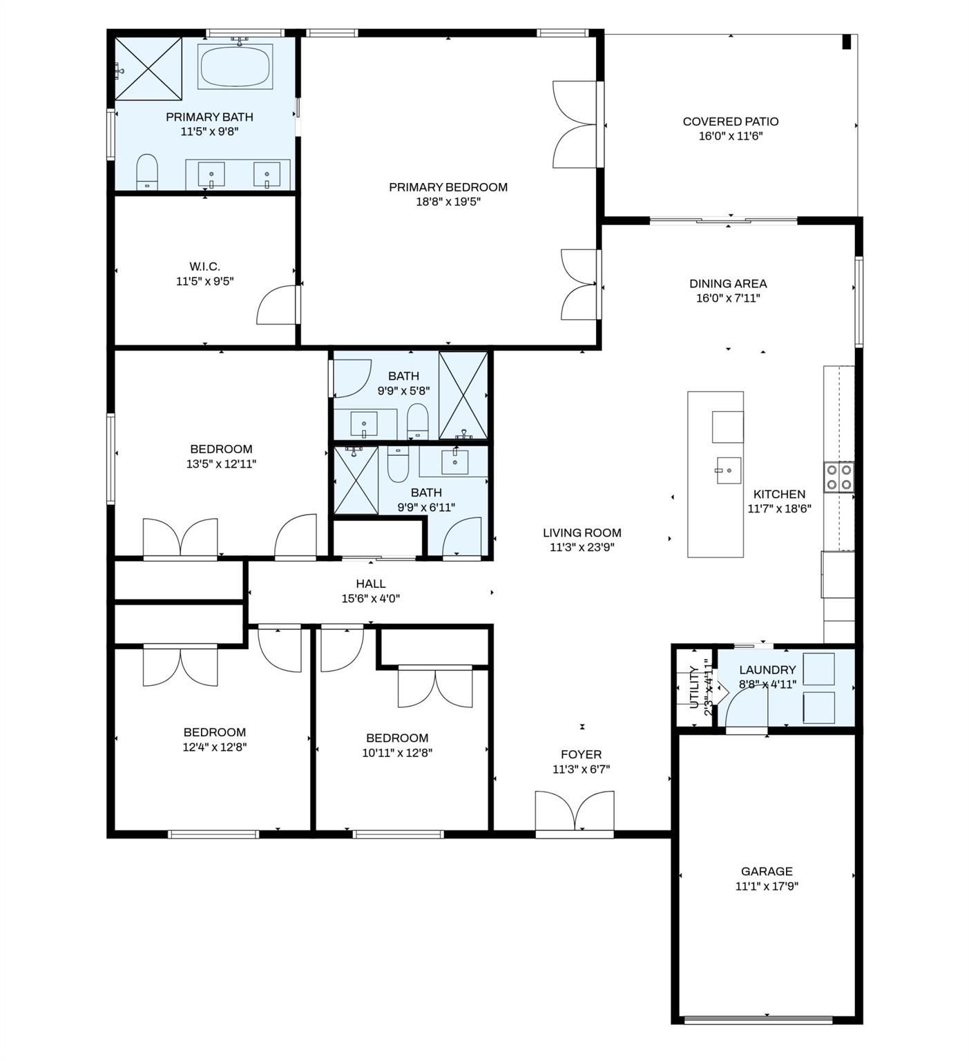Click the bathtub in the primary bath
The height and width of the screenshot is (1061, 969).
pos(236,66)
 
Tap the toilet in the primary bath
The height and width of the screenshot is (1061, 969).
pos(147,171)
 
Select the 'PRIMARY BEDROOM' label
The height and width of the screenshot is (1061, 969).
pos(448,187)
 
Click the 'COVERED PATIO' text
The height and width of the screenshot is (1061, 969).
pos(730,122)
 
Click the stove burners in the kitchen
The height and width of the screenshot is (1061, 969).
pos(838,477)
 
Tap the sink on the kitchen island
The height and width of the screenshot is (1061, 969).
pos(728,470)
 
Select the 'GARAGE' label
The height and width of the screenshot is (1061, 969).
pos(766,871)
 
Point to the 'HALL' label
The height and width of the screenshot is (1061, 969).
pos(371,584)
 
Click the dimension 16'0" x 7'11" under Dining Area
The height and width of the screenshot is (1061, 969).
pos(728,298)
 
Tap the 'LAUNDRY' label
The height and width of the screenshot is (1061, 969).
pos(767,669)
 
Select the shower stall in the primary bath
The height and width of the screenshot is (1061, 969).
pos(148,69)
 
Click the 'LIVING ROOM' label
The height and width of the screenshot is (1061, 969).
pos(582,533)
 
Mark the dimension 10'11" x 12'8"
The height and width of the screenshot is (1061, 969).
pos(397,753)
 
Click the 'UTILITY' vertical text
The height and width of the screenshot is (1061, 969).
pos(695,688)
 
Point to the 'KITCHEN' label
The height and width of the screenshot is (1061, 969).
pos(779,494)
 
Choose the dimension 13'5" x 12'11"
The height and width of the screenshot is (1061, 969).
pos(221,464)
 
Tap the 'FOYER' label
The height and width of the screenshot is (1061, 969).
pos(581,754)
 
